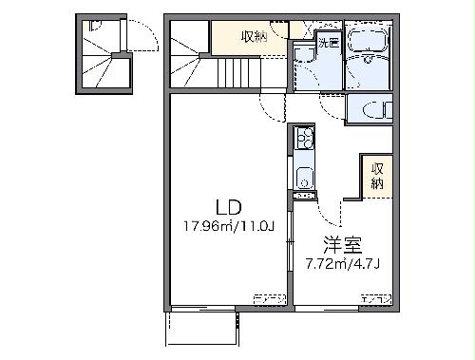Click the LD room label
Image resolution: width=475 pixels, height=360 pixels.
coord(226,207)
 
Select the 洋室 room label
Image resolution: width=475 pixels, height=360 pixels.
coord(339,241)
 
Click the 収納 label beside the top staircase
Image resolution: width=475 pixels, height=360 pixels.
coord(254,37)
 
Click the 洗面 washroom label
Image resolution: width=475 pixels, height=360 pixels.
coord(329,43)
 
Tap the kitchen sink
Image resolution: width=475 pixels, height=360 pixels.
coord(304,177)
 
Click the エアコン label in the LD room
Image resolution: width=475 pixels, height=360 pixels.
coord(270,300)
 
